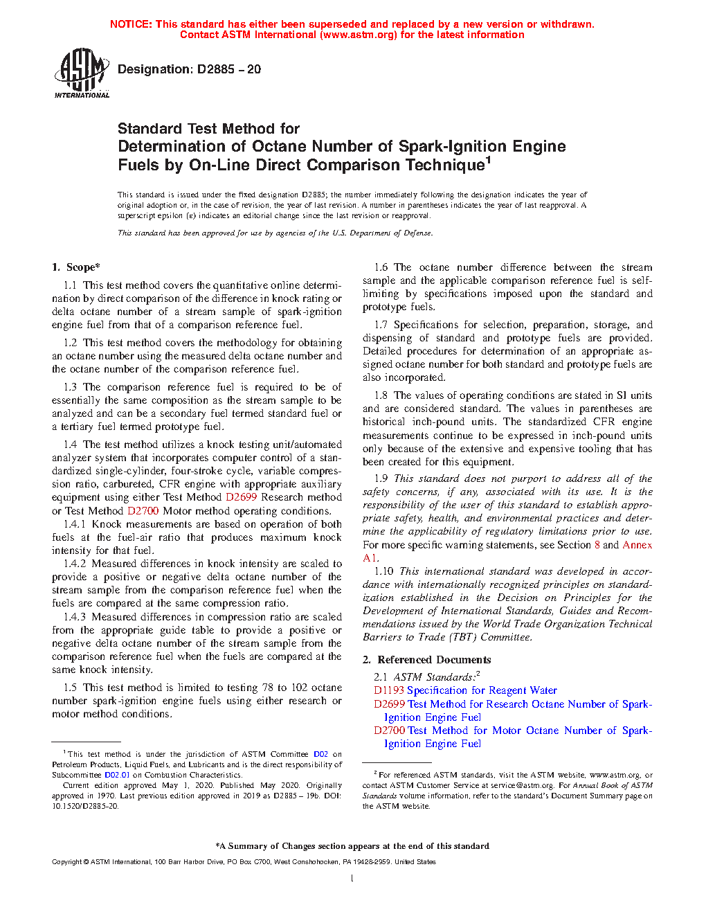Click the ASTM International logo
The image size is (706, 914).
pos(82,73)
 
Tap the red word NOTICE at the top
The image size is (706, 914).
pos(131,24)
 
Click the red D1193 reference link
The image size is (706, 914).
pos(388,690)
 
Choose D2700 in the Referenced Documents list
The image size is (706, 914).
pos(389,731)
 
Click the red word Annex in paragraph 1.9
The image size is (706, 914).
pos(637,545)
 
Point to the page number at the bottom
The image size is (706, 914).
pos(352,879)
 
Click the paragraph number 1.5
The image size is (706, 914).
pos(70,688)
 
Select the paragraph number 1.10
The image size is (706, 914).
pos(383,571)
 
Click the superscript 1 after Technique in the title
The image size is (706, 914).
pos(488,161)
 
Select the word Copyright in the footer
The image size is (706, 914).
pos(66,862)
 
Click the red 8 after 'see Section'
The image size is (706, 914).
pos(597,545)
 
